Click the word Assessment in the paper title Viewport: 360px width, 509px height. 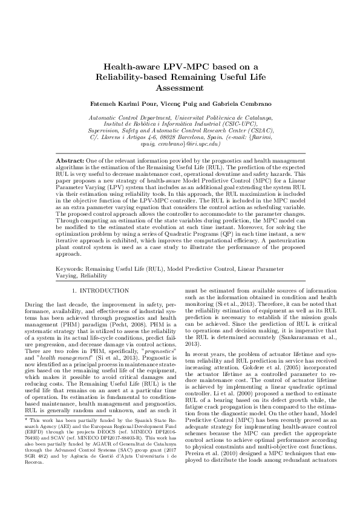tap(179, 88)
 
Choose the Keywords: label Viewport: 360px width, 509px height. tap(71, 266)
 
